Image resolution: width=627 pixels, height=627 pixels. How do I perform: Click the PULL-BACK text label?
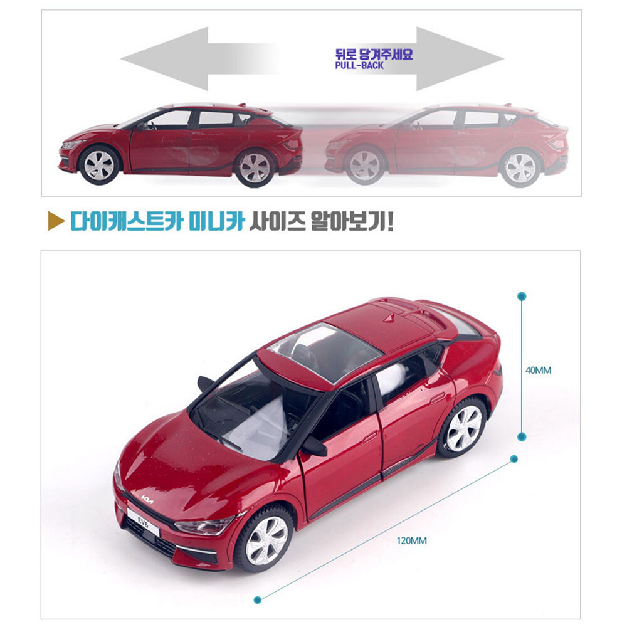359,65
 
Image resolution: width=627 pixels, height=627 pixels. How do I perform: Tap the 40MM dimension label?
538,370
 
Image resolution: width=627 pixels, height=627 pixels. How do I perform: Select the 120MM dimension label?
412,540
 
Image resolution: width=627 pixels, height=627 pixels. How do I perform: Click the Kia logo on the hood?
148,499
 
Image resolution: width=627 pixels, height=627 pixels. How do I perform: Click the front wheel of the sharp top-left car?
99,164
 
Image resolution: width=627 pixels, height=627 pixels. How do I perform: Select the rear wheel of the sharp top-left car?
254,167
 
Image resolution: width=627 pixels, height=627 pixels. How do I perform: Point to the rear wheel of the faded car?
519,167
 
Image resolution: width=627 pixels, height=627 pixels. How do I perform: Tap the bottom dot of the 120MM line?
256,600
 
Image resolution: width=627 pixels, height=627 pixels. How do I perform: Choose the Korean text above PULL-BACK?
374,54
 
